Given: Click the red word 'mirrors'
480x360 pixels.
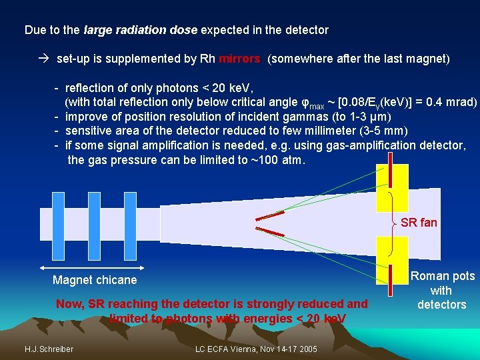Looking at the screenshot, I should [x=239, y=59].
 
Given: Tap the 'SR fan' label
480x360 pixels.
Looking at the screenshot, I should [x=419, y=223].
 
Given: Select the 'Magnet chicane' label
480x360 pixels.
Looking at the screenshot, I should [x=95, y=280].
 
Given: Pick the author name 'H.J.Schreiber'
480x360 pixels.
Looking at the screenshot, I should [x=49, y=349].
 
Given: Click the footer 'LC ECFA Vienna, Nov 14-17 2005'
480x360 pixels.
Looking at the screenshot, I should [x=257, y=349].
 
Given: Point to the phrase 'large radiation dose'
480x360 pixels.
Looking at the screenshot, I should [x=141, y=30].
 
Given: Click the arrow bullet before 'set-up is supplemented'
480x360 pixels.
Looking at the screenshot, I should [x=45, y=59].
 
